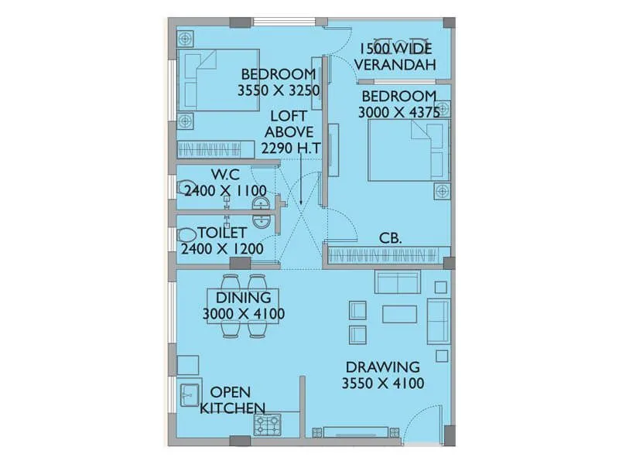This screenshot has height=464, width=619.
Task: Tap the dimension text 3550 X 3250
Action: pos(279,90)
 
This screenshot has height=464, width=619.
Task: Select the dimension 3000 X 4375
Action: pos(398,112)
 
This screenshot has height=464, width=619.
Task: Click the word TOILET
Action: pos(222,233)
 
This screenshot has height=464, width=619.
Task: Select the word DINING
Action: pos(243,298)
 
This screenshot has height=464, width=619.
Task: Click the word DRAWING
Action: pos(382,367)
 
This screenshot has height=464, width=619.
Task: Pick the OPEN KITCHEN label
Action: pos(233,400)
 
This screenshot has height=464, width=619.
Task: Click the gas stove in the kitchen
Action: pos(268,424)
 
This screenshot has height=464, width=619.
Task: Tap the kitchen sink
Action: pos(189,395)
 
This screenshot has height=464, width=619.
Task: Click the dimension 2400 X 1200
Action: pos(221,249)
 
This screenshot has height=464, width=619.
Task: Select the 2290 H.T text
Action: pos(291,148)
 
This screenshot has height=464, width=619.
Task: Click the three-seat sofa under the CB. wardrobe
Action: pos(397,281)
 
